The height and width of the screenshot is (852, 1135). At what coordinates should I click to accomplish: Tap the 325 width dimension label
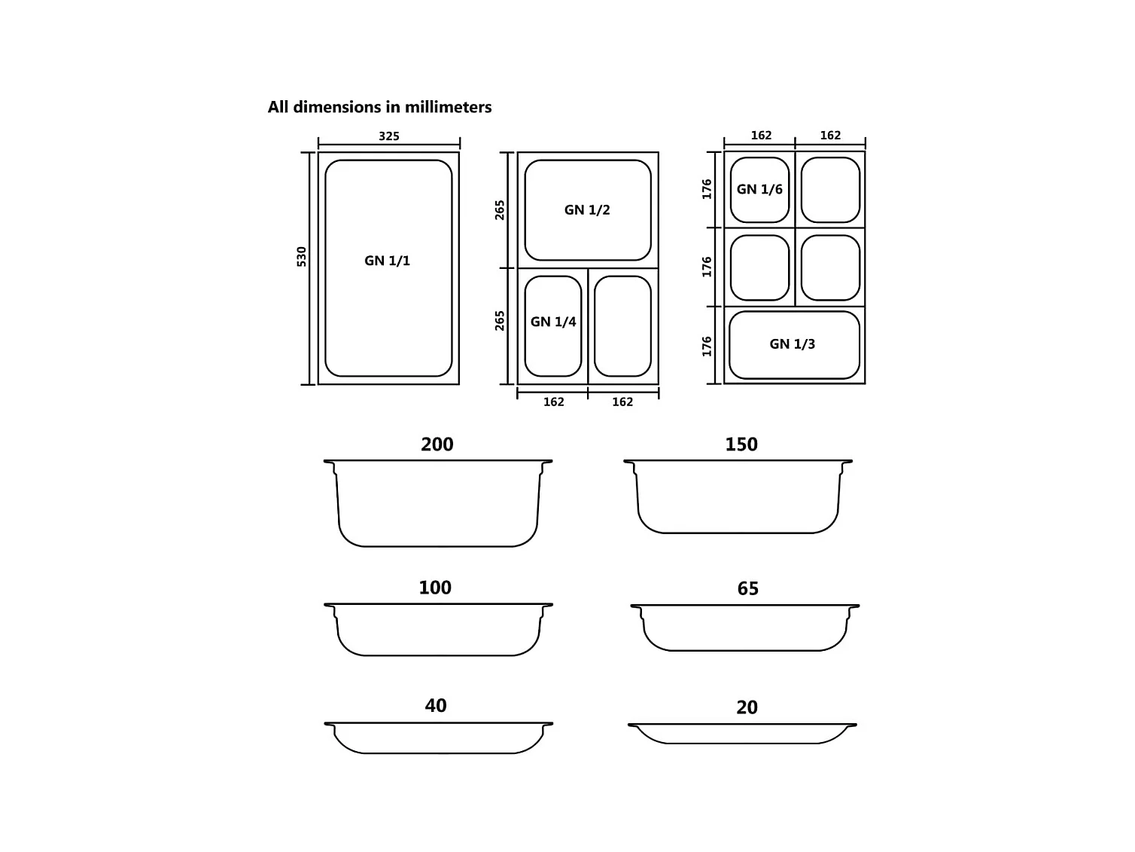[x=389, y=136]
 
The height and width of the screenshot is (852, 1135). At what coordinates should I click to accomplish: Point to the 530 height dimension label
[x=301, y=257]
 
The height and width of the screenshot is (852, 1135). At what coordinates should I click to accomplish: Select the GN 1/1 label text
[x=387, y=260]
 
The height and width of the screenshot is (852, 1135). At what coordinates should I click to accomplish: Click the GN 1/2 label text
[x=587, y=209]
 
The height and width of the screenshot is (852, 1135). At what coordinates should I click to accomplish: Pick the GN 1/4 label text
[x=552, y=321]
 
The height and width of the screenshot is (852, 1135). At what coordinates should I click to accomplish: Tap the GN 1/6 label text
[x=759, y=189]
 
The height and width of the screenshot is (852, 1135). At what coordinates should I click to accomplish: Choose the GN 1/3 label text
[x=792, y=344]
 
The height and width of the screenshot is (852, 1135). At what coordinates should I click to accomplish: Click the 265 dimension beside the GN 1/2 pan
[x=500, y=210]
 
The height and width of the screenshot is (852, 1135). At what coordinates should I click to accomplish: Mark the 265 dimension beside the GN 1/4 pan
[x=500, y=321]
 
